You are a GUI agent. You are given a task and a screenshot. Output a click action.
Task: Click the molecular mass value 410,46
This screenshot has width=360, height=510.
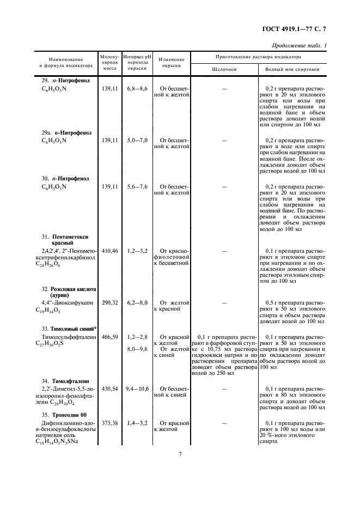point(110,251)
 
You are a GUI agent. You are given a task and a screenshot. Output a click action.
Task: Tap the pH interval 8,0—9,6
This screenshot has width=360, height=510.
point(137,349)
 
